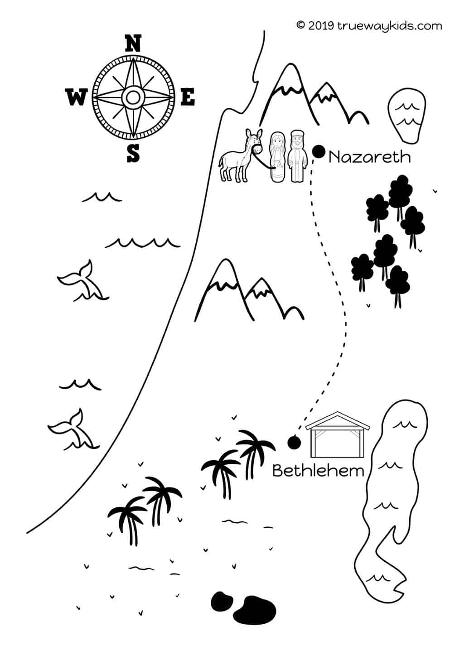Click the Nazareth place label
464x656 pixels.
pos(369,157)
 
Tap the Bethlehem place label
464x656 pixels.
pos(318,471)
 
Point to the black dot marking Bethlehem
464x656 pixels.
pos(294,443)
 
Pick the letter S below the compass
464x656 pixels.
pos(133,154)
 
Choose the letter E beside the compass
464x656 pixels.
pos(188,97)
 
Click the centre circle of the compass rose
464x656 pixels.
pos(133,96)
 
